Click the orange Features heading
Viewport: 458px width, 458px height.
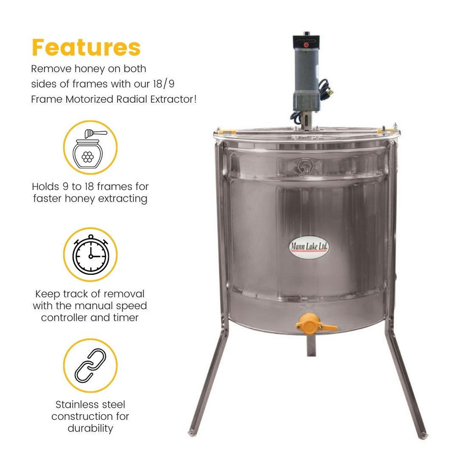(86, 47)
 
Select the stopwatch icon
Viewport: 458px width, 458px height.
(90, 254)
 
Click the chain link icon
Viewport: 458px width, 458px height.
(90, 365)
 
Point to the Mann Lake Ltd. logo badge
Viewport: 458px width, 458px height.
(309, 247)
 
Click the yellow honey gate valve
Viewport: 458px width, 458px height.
(311, 324)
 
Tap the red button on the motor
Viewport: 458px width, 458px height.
(306, 45)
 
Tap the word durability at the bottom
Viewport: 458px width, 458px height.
(90, 428)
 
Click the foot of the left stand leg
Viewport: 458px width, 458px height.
(193, 433)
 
